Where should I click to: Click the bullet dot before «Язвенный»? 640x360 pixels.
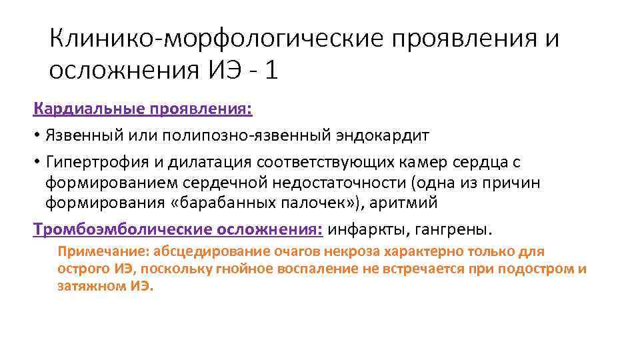[x=37, y=136]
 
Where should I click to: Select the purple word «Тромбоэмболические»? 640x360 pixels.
[x=123, y=230]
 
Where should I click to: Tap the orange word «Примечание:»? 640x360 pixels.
[x=103, y=251]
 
